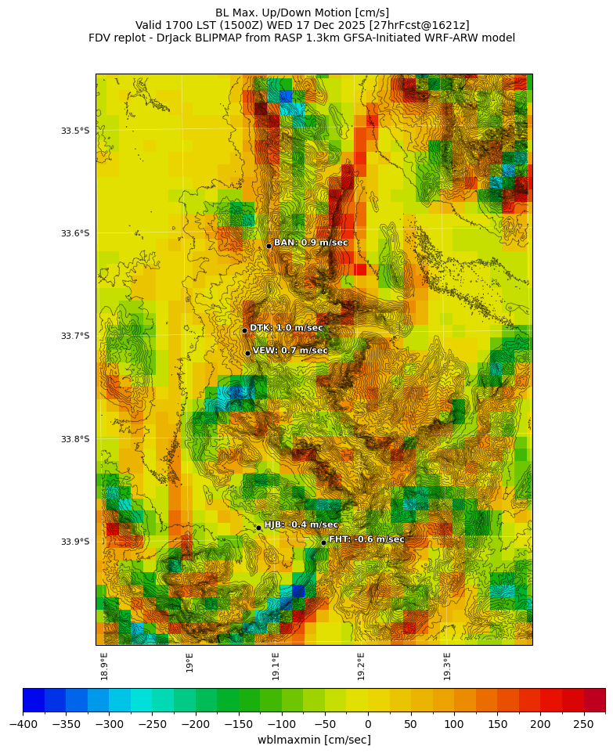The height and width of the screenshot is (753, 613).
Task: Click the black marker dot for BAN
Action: point(269,246)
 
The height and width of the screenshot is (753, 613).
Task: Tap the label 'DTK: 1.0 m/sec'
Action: point(286,328)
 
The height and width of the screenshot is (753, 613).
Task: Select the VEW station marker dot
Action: point(247,353)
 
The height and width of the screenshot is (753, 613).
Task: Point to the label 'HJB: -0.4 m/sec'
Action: point(301,524)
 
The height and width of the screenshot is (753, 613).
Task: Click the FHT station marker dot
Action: point(323,542)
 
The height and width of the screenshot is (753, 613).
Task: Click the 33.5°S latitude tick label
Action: point(75,130)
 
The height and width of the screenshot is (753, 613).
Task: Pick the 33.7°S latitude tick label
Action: point(75,336)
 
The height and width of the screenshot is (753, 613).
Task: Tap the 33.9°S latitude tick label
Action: point(75,542)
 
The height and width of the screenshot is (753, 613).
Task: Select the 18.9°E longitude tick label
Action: point(104,665)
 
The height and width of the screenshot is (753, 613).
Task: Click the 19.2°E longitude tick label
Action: point(361,665)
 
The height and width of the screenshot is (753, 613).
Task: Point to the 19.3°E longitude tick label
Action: point(447,665)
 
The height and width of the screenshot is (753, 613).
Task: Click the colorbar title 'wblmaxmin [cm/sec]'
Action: point(314,740)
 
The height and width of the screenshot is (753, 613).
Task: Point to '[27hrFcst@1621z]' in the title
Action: point(424,25)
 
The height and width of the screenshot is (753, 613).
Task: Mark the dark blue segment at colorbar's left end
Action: point(34,699)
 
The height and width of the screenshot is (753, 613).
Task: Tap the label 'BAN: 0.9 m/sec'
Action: point(310,243)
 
